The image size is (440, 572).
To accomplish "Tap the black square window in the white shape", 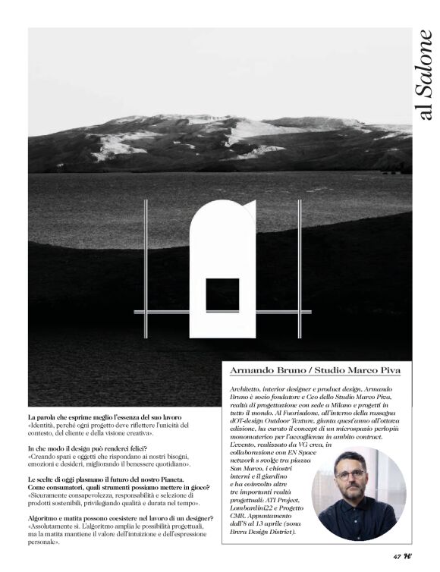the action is [x=222, y=294].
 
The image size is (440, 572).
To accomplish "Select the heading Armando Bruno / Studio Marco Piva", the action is [x=314, y=372].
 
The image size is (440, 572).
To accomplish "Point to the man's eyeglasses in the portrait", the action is [x=350, y=475].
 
